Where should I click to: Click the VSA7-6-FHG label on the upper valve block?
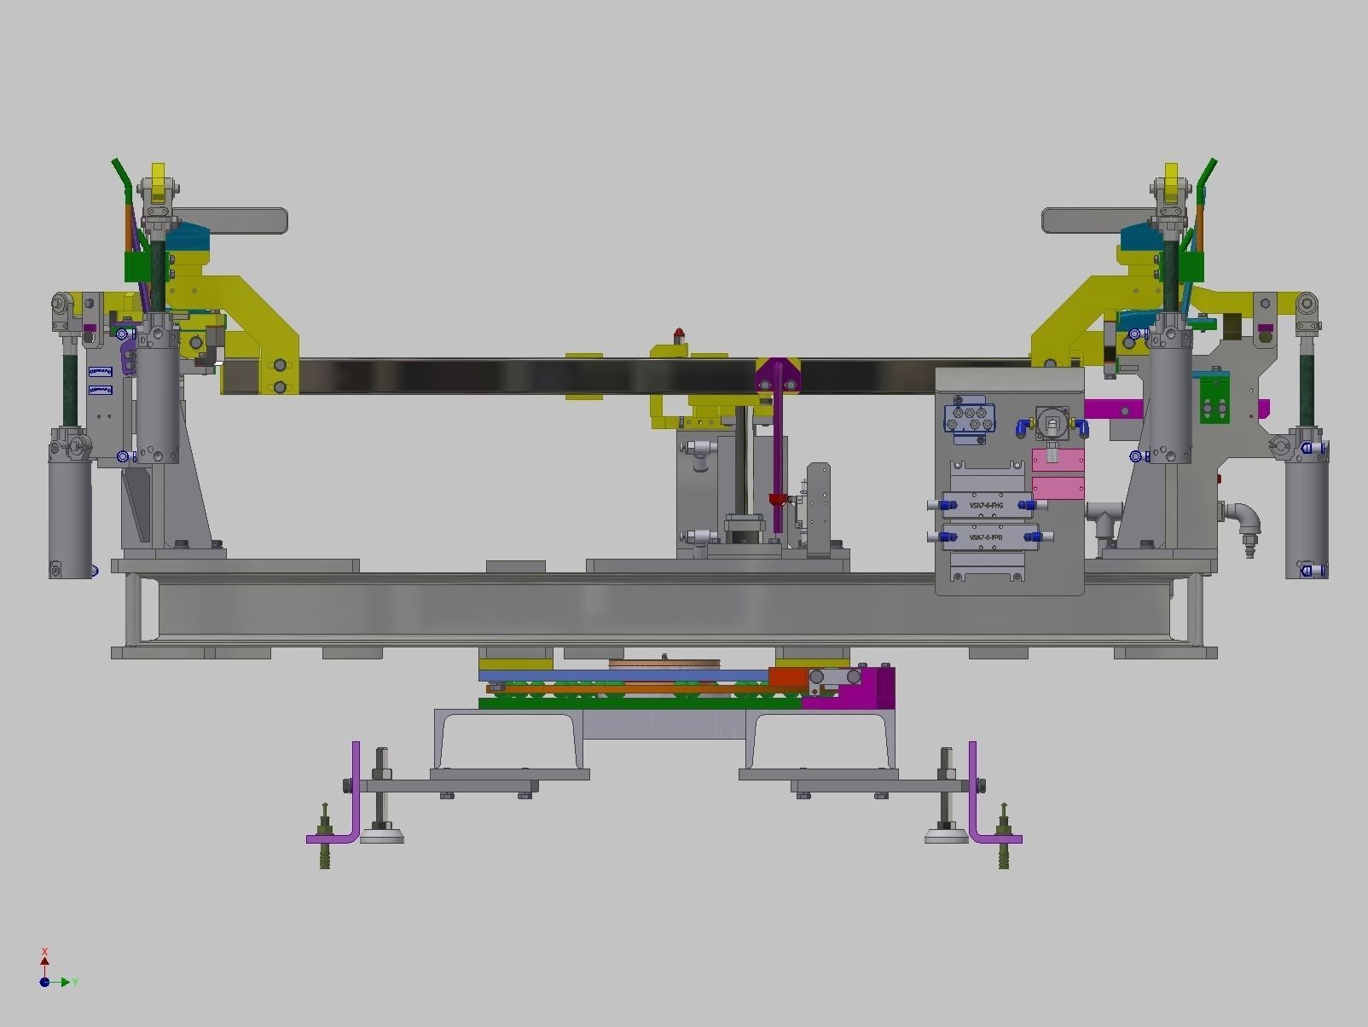tap(986, 506)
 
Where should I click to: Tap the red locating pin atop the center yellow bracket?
tap(679, 334)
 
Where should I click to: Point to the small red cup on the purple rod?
tap(776, 500)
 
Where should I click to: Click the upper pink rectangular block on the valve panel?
tap(1058, 460)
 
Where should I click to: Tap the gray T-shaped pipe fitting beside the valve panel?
tap(1103, 517)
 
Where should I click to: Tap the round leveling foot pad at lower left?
tap(381, 837)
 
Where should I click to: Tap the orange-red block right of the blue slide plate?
tap(786, 676)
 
